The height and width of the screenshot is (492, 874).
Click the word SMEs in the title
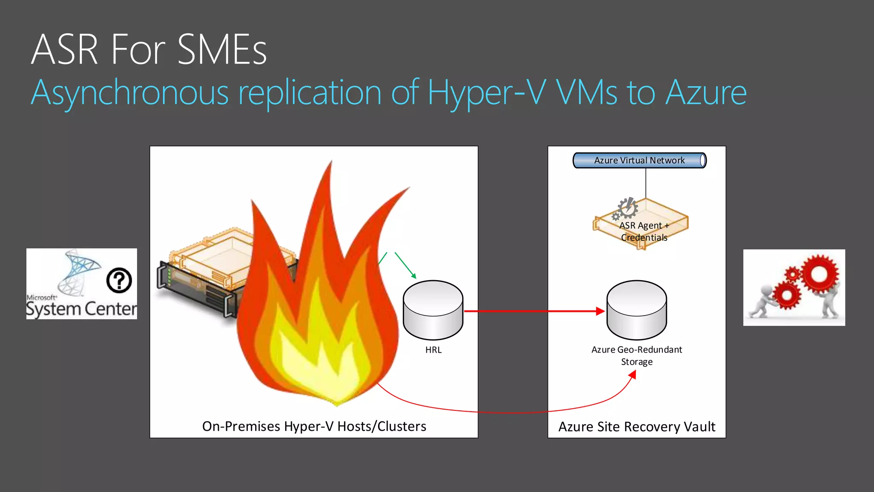coord(222,50)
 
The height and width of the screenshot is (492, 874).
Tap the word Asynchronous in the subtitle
coord(130,93)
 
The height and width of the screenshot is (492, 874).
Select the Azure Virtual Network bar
coord(639,161)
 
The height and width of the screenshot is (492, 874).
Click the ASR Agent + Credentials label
coord(644,231)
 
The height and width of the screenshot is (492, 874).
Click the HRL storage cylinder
coord(433,310)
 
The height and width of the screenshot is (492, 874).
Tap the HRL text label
coord(433,350)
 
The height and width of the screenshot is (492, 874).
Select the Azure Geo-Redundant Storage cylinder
coord(637,310)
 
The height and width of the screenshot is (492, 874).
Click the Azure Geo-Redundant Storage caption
coord(637,355)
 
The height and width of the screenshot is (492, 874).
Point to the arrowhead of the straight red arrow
coord(600,311)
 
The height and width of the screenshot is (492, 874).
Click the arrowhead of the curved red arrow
coord(633,375)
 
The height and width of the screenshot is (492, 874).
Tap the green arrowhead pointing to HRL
coord(414,276)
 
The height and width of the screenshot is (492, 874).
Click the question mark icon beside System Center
coord(119,280)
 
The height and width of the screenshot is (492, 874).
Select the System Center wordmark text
coord(81,309)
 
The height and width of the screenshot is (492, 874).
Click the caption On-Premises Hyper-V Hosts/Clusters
coord(314,426)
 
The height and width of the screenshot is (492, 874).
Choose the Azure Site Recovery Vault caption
coord(637,427)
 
